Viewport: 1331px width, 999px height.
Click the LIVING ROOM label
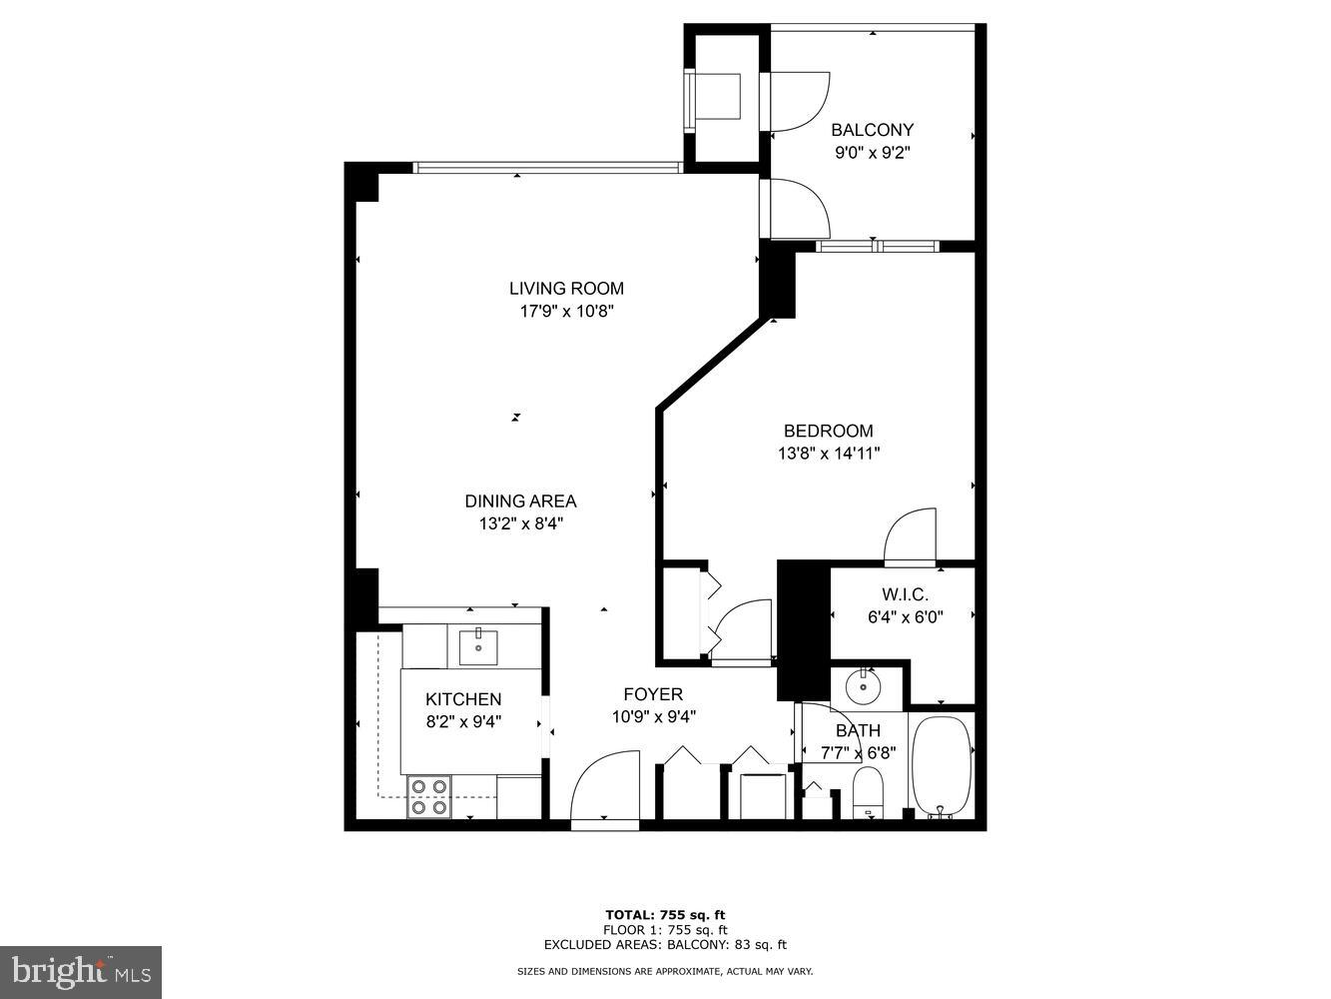tap(566, 289)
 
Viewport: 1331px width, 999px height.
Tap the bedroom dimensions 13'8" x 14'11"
tap(829, 454)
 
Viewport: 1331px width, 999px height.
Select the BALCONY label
tap(872, 130)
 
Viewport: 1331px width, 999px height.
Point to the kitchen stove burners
tap(429, 797)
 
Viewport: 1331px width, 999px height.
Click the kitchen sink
tap(479, 646)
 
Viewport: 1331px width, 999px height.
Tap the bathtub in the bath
tap(941, 764)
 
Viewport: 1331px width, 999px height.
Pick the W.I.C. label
tap(905, 594)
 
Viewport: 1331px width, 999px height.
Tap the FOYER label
tap(653, 694)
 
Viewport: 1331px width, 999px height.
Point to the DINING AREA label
tap(520, 501)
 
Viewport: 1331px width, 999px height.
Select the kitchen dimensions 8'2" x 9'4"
tap(463, 721)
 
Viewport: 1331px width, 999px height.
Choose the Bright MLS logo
tap(81, 971)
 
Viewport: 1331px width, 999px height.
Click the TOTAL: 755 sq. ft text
tap(665, 914)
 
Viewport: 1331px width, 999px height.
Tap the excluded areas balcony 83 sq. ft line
tap(665, 944)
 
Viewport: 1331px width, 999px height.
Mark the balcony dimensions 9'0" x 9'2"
tap(873, 153)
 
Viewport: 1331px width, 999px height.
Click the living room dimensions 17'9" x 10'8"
tap(566, 311)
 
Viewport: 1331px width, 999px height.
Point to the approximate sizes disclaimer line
tap(665, 971)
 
